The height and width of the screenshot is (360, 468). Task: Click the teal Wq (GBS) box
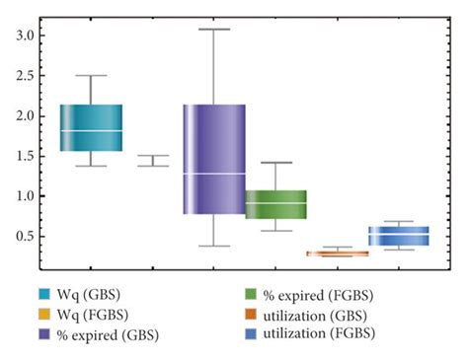91,127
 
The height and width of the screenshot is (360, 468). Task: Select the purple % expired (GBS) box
213,159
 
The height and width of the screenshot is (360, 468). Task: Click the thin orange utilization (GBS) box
338,253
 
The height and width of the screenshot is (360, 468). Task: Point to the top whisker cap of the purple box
213,30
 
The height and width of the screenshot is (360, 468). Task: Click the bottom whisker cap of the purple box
213,246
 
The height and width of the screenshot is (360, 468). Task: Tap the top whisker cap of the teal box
91,75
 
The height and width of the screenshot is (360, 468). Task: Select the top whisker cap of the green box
275,163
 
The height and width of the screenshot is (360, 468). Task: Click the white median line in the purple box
213,174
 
